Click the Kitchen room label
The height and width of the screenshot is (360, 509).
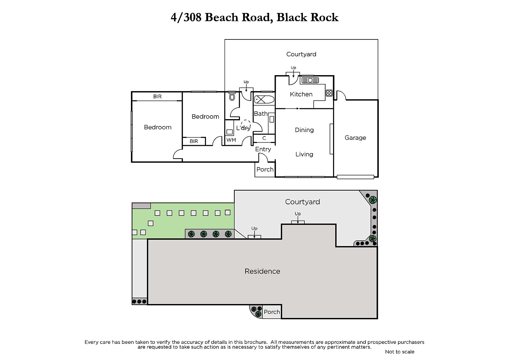pos(301,94)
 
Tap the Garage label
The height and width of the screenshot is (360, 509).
pos(355,138)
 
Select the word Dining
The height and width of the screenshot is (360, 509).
pos(304,130)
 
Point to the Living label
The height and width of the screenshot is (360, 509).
pos(304,154)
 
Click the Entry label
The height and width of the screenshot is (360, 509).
pos(263,149)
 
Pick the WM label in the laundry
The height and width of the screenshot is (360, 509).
pos(231,140)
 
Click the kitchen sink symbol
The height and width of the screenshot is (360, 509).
pos(310,80)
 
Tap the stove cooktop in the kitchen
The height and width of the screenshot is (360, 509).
pos(329,93)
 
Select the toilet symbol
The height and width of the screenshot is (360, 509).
pos(232,97)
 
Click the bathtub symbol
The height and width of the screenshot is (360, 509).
pos(264,100)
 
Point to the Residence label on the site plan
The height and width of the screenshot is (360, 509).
pos(262,271)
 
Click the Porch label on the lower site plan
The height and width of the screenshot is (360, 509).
pos(272,312)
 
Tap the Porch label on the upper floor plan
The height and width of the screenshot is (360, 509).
pos(265,169)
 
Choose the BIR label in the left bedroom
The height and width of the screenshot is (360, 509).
pos(157,96)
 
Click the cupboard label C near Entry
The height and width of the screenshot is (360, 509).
pos(264,138)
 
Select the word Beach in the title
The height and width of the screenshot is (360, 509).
pos(221,18)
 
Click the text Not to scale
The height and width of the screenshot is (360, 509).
pos(400,352)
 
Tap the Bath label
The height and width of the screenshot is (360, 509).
pos(261,114)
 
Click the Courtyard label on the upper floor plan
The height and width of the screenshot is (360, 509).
pos(301,54)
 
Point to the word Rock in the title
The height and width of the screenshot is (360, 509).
pos(324,18)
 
